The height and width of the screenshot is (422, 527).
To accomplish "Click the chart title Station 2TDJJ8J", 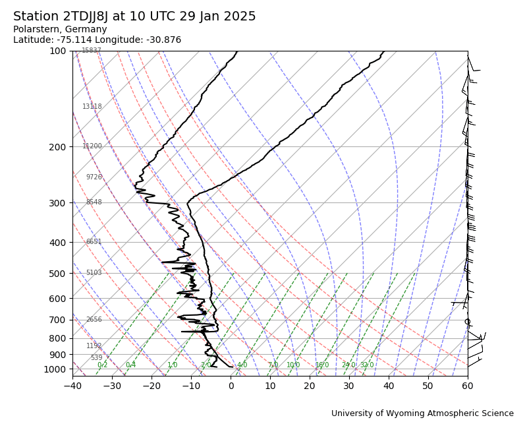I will pyautogui.click(x=134, y=16).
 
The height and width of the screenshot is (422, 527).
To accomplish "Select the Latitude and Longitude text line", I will pyautogui.click(x=97, y=40).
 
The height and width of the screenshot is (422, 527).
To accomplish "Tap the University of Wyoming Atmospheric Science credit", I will pyautogui.click(x=422, y=413).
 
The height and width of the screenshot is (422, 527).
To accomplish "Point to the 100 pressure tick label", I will pyautogui.click(x=57, y=51).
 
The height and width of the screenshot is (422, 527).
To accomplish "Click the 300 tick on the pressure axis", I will pyautogui.click(x=57, y=202).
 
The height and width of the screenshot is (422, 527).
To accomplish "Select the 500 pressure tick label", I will pyautogui.click(x=57, y=273).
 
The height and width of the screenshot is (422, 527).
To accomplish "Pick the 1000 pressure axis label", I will pyautogui.click(x=55, y=369).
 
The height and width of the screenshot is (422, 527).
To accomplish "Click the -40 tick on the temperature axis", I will pyautogui.click(x=72, y=386).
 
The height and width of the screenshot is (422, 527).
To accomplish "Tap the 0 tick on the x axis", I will pyautogui.click(x=231, y=386).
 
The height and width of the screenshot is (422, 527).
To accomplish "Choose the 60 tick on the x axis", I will pyautogui.click(x=468, y=386).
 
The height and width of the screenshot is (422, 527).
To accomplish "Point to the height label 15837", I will pyautogui.click(x=92, y=51).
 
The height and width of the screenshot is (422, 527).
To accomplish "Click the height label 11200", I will pyautogui.click(x=92, y=146).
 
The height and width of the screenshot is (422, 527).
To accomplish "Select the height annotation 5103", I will pyautogui.click(x=94, y=273).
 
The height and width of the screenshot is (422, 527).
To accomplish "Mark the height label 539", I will pyautogui.click(x=96, y=358).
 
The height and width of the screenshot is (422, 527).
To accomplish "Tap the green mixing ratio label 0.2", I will pyautogui.click(x=102, y=365).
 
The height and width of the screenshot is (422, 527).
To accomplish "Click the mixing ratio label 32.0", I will pyautogui.click(x=367, y=365).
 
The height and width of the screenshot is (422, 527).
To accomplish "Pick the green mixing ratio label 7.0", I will pyautogui.click(x=273, y=365).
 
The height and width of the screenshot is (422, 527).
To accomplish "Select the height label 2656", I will pyautogui.click(x=94, y=320).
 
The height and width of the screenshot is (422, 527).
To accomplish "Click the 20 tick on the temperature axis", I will pyautogui.click(x=310, y=386).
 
